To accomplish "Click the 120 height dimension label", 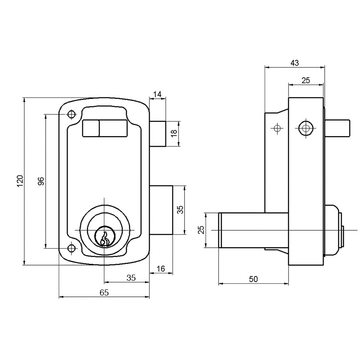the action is [x=20, y=181].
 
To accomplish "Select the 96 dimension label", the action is [x=41, y=181].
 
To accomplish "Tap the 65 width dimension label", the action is [x=104, y=293].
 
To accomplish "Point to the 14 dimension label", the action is [x=157, y=94].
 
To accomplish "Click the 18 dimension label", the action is [x=174, y=133].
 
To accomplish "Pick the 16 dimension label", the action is [x=161, y=269].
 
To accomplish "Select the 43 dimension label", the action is [x=295, y=63].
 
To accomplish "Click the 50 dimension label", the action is [x=253, y=279].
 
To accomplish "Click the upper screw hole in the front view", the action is [x=72, y=114].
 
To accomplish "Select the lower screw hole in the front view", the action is [x=72, y=248].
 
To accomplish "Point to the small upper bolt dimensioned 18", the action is [x=158, y=134].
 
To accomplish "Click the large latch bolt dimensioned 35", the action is [x=161, y=210].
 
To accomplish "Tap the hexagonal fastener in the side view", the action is [x=306, y=128].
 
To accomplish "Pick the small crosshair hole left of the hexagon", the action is [x=277, y=128].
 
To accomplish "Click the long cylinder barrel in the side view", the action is [x=253, y=230].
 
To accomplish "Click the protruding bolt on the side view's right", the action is [x=337, y=128].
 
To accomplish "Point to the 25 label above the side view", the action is [x=306, y=81].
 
